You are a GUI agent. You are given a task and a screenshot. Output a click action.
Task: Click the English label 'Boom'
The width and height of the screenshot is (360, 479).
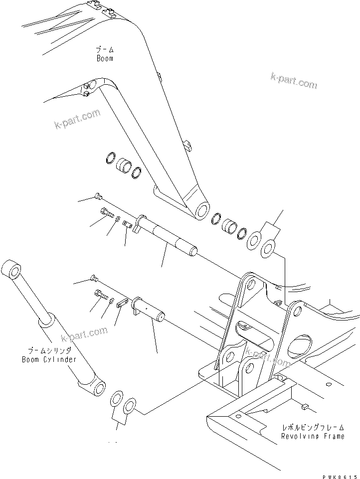105,58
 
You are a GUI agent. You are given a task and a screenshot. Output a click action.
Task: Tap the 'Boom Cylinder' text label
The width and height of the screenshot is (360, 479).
49,359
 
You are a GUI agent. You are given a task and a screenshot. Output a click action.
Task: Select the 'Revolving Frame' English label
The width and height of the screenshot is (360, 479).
312,436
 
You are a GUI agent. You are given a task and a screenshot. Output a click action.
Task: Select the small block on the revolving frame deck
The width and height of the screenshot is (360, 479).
306,407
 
